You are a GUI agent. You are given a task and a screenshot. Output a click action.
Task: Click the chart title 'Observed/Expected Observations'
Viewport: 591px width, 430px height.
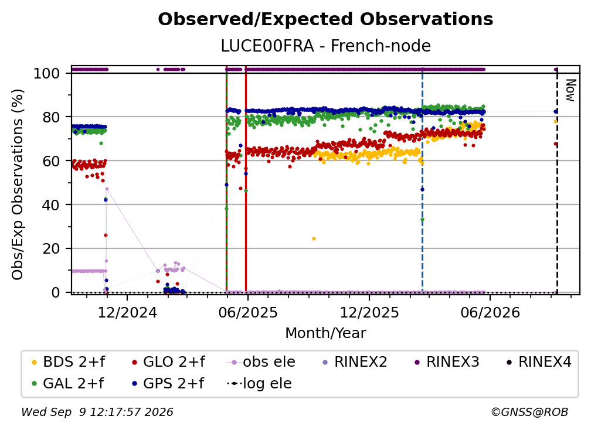coord(325,19)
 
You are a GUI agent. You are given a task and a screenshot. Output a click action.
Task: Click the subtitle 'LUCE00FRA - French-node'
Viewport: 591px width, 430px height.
coord(325,46)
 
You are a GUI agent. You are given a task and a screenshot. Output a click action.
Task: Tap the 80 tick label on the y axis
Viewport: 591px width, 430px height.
coord(51,117)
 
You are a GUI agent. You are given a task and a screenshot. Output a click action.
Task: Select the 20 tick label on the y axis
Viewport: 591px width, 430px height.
coord(51,249)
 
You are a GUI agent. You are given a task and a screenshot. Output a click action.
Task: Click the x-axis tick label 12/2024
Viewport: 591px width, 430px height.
coord(127,312)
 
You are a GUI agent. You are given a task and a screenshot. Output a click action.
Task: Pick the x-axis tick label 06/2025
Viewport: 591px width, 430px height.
coord(247,312)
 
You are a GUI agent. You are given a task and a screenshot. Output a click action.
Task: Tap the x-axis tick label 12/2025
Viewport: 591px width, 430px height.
coord(369,312)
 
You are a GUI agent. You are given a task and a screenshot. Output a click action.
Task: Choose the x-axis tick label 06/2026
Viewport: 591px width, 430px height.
coord(490,312)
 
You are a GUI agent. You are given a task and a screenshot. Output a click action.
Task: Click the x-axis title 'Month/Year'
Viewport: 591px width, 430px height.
coord(325,333)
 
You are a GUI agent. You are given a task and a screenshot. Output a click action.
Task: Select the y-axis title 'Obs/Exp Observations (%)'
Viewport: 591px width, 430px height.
coord(18,185)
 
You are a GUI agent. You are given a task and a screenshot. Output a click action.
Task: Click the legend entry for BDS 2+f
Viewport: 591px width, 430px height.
coord(68,362)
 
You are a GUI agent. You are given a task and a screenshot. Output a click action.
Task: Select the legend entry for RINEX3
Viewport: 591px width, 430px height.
coord(447,362)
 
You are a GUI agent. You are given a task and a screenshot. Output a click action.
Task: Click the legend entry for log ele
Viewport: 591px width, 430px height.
coord(259,384)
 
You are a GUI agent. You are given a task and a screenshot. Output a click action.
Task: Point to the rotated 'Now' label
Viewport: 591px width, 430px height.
coord(570,90)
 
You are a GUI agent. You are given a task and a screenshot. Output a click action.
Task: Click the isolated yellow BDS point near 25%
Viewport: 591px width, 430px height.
coord(314,238)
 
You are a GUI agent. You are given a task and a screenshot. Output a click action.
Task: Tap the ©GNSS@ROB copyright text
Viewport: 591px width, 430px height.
coord(529,412)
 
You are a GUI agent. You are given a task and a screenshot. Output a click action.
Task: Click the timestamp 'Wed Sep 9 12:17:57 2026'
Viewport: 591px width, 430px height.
coord(97,412)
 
